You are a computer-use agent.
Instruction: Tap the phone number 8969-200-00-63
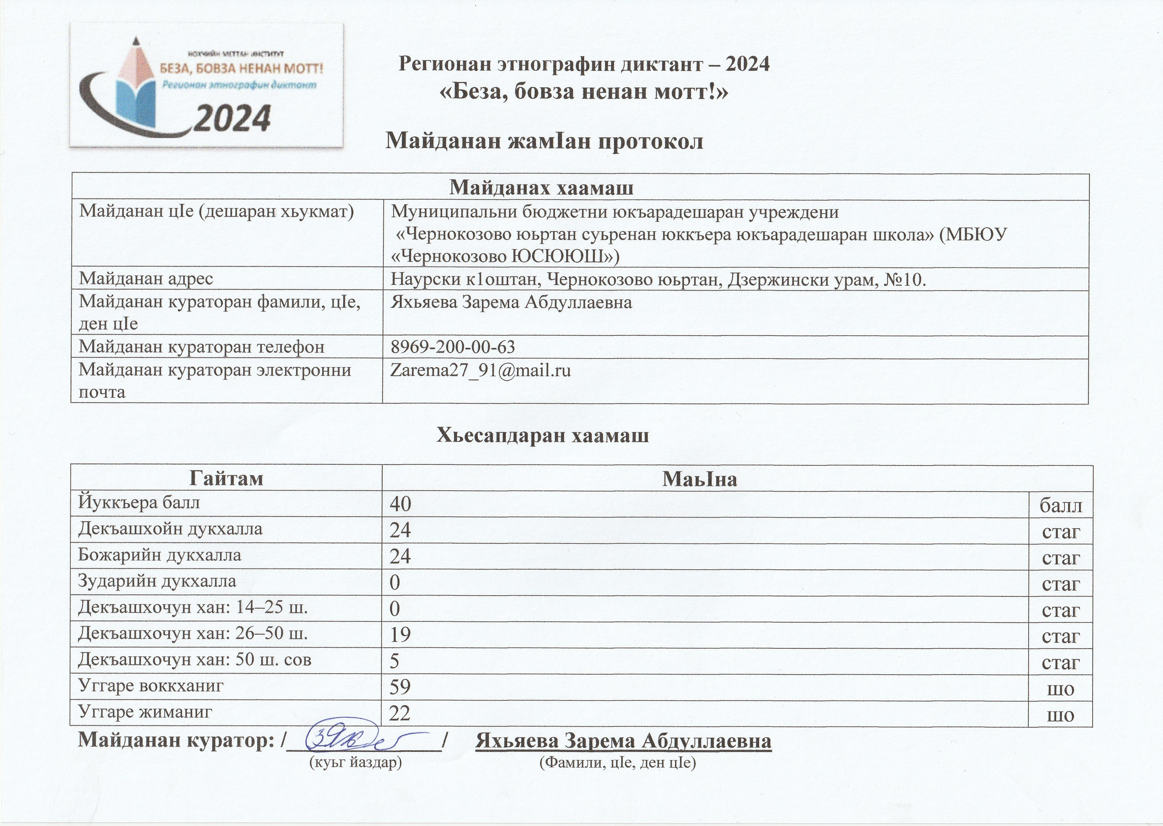(453, 347)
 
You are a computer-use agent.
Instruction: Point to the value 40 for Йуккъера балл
(400, 504)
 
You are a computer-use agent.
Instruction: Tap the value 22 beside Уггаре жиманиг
(400, 713)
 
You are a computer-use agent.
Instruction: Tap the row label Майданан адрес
(146, 279)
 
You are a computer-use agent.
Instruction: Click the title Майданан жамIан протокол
(544, 141)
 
